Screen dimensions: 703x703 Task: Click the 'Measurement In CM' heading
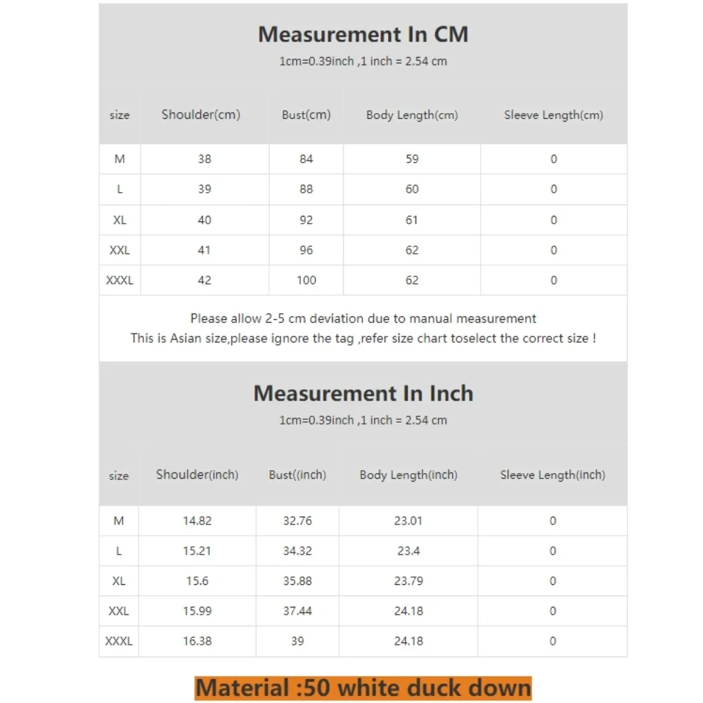click(363, 34)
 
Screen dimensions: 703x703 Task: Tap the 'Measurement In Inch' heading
click(363, 393)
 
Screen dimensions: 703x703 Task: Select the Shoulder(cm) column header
click(201, 115)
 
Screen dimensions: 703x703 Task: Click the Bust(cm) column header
click(306, 115)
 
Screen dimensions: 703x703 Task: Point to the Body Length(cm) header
click(411, 115)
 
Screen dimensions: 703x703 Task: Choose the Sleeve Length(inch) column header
click(553, 475)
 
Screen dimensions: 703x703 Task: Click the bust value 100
click(306, 280)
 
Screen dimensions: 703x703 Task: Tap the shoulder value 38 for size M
click(205, 159)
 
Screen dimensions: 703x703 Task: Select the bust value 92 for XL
click(306, 219)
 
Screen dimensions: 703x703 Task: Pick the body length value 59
click(412, 159)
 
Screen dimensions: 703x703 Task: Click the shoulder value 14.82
click(198, 521)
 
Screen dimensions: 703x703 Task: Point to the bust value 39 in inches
click(297, 641)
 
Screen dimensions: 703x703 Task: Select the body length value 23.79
click(408, 581)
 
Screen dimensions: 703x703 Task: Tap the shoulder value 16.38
click(198, 641)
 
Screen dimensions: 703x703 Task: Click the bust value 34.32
click(297, 550)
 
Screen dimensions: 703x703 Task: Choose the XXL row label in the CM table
click(120, 250)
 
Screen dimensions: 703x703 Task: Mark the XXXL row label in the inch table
click(119, 641)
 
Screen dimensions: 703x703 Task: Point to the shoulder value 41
click(205, 250)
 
